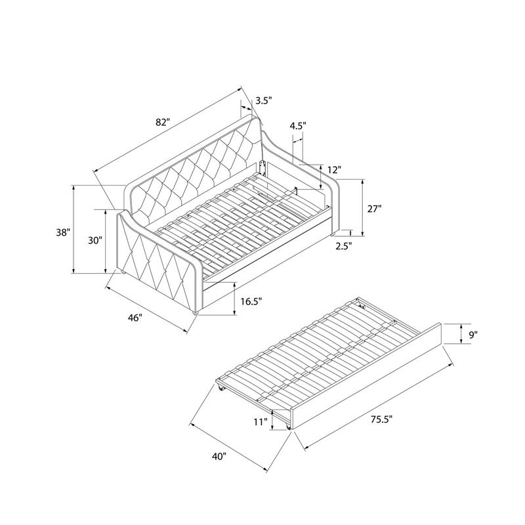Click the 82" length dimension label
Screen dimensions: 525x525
[x=163, y=123]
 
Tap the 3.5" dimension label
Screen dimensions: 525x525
[x=264, y=100]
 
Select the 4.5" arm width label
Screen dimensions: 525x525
[x=298, y=125]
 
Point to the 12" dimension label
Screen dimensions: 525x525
[x=334, y=170]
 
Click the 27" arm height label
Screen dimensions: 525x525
[x=375, y=209]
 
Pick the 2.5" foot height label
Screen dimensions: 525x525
[x=344, y=246]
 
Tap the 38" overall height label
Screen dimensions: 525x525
[x=63, y=232]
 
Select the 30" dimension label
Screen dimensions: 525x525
[x=94, y=240]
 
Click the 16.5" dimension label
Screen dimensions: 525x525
[x=251, y=302]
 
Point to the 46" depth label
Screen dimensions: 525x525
[x=135, y=318]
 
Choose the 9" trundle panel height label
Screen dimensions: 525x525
[x=472, y=334]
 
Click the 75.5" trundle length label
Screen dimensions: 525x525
[x=381, y=419]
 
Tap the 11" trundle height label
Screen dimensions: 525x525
[x=260, y=422]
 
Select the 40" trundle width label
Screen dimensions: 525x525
[x=219, y=456]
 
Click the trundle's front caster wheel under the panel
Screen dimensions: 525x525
[x=287, y=426]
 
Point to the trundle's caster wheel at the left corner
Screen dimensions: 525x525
[x=220, y=388]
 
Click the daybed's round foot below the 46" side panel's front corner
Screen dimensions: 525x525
[x=196, y=313]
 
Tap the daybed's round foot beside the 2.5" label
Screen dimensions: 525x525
[x=333, y=235]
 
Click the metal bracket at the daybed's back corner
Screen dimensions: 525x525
[x=263, y=169]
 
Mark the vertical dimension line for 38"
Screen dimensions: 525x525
[x=74, y=229]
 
